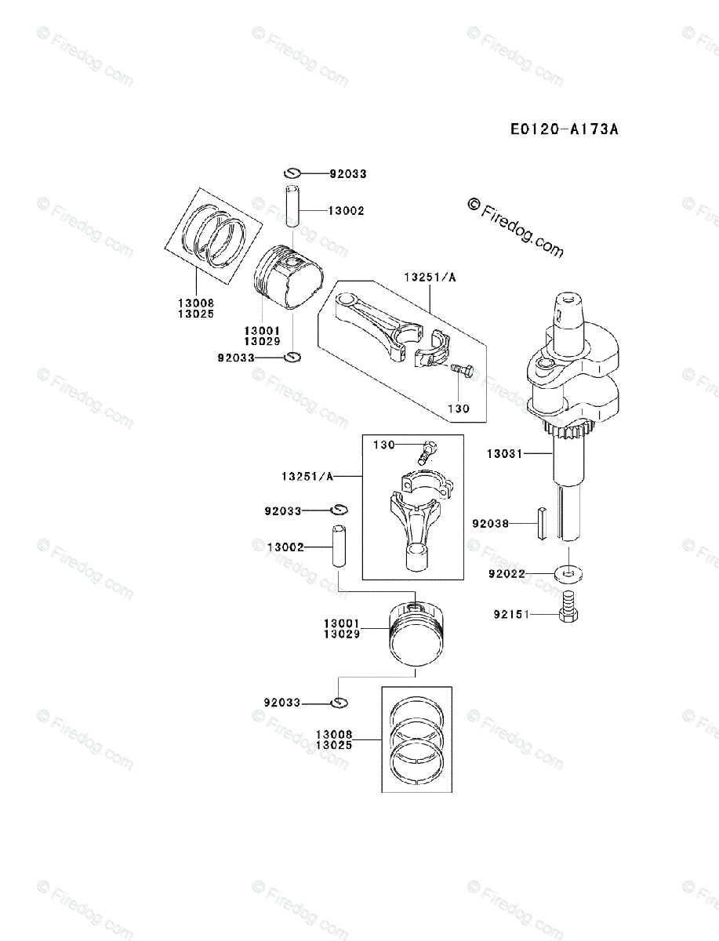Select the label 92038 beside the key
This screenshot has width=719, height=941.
pyautogui.click(x=491, y=523)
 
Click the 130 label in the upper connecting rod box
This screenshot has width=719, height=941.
pyautogui.click(x=459, y=409)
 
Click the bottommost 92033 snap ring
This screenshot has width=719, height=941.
pyautogui.click(x=339, y=703)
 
